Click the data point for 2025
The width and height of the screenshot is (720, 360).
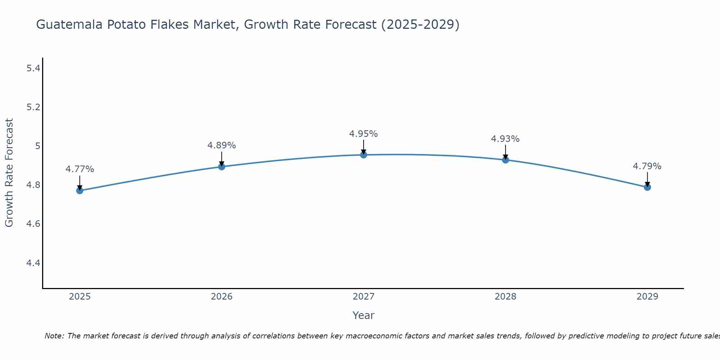(80, 190)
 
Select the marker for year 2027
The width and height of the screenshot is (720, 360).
(364, 155)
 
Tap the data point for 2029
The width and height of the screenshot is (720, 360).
(647, 187)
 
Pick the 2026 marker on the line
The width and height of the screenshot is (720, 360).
(222, 167)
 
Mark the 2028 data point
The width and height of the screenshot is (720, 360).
(505, 160)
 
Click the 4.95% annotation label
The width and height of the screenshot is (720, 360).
(364, 134)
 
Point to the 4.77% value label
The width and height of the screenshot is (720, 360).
(80, 169)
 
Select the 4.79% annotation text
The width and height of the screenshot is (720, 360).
(647, 166)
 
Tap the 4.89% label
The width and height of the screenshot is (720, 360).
(222, 145)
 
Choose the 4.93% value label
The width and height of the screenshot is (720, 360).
(505, 139)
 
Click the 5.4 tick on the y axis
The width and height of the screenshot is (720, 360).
(33, 68)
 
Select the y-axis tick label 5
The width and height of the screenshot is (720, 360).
(37, 146)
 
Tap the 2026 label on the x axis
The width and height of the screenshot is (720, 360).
(222, 297)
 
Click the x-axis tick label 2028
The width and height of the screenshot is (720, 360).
(505, 297)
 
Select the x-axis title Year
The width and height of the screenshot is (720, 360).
(364, 315)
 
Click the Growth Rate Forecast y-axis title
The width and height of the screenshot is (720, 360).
(9, 173)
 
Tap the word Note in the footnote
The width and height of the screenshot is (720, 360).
(54, 336)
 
